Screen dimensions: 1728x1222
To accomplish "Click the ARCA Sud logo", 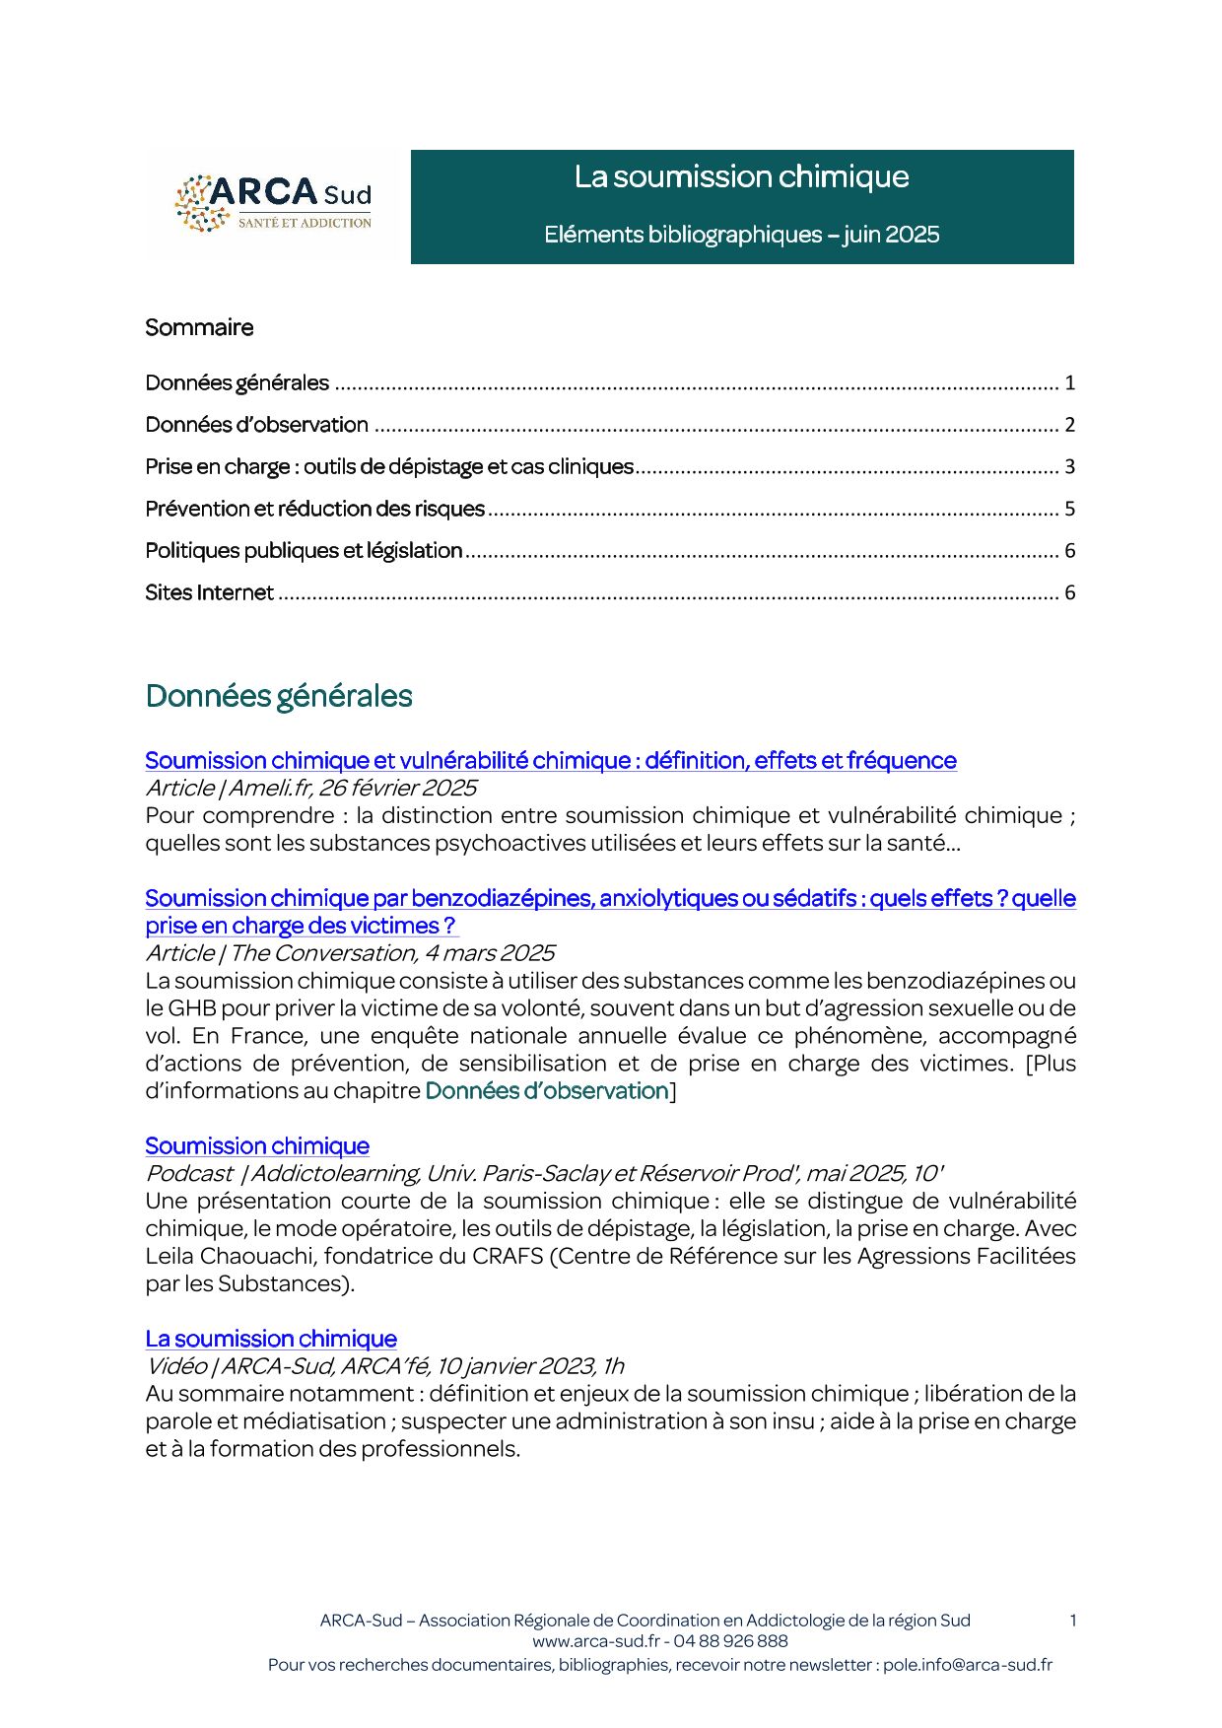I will tap(273, 205).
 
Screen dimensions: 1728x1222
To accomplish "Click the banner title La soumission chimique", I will tap(741, 177).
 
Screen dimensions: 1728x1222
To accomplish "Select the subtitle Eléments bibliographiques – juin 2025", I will tap(741, 235).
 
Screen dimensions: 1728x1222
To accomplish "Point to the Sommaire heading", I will tap(199, 327).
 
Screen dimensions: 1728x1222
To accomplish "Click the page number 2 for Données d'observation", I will tap(1069, 425).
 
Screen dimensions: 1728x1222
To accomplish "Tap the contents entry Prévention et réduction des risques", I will tap(314, 509).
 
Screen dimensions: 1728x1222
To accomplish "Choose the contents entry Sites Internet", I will tap(209, 592).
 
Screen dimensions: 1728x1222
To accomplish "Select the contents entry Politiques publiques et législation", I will tap(304, 550).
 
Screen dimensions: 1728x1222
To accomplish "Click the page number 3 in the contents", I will tap(1069, 466).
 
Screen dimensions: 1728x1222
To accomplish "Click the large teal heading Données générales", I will tap(279, 696).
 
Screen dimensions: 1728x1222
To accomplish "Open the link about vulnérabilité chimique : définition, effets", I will tap(550, 761).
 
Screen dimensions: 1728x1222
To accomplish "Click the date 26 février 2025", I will tap(397, 788).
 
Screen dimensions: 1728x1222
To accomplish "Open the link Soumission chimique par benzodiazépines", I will tap(609, 899).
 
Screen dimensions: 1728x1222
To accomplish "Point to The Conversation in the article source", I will tap(322, 953).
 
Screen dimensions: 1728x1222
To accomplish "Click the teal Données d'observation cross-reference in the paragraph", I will tap(547, 1091).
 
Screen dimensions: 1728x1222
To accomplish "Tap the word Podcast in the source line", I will tap(189, 1173).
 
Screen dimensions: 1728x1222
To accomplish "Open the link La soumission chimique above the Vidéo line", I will tap(271, 1339).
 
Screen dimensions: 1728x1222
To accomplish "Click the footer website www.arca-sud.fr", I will tap(595, 1641).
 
